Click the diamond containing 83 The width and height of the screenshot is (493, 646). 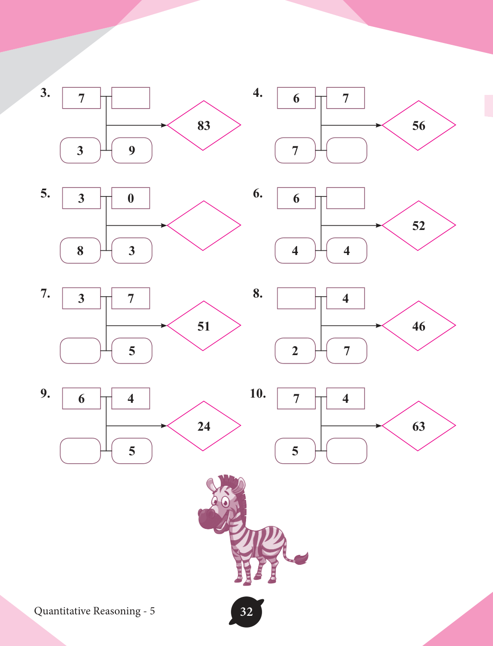pos(204,125)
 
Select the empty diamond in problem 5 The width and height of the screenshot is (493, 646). pos(204,226)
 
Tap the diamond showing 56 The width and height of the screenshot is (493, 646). pos(418,125)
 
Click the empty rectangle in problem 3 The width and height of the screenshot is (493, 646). pos(131,98)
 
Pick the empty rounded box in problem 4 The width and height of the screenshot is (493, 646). pos(347,150)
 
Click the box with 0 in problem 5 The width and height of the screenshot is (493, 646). pos(131,198)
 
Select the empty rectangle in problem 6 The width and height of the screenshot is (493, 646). pos(346,198)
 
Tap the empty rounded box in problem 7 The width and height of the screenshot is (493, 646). pos(80,351)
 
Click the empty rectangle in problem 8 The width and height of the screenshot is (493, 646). pos(297,298)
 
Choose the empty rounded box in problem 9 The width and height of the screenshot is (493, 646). pos(80,451)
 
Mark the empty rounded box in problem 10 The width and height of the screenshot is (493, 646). pos(347,451)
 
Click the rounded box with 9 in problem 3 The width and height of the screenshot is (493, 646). pos(132,150)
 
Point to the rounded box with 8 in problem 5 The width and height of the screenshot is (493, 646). pos(80,250)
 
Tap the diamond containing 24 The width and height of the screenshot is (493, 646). pos(204,426)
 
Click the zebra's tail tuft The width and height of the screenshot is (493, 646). pos(301,558)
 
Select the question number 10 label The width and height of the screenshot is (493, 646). pos(258,393)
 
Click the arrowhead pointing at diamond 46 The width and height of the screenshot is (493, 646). pos(379,325)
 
